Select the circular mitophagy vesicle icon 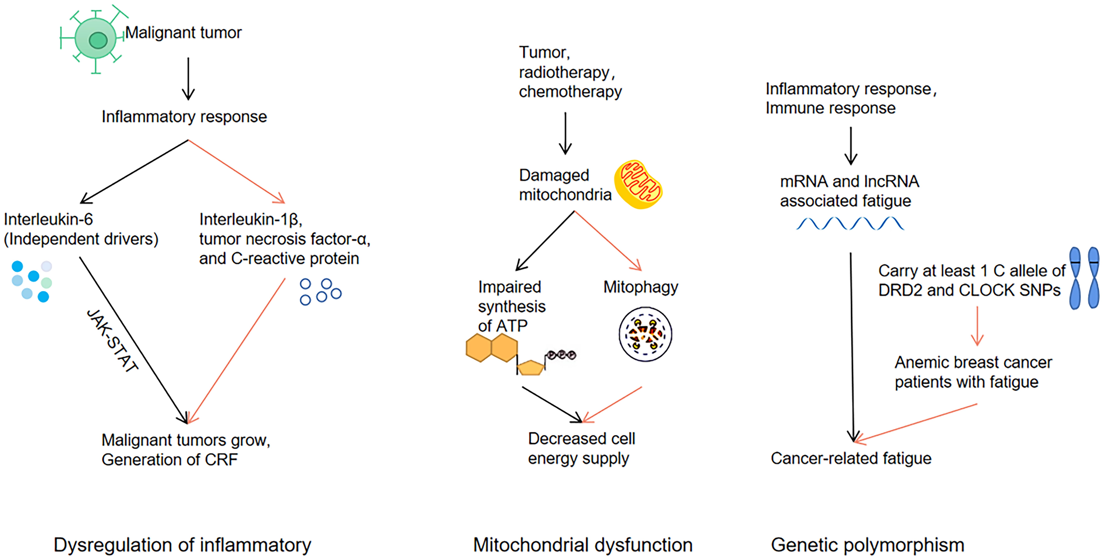point(645,334)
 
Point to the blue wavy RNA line point(850,224)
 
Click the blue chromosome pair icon point(1084,278)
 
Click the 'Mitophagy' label point(641,287)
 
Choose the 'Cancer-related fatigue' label point(851,458)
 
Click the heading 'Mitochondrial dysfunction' point(582,545)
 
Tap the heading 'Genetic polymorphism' point(867,545)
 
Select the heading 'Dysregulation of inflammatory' point(182,545)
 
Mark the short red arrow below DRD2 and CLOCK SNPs point(977,326)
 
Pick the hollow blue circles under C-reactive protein point(320,291)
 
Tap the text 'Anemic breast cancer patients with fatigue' point(973,372)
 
